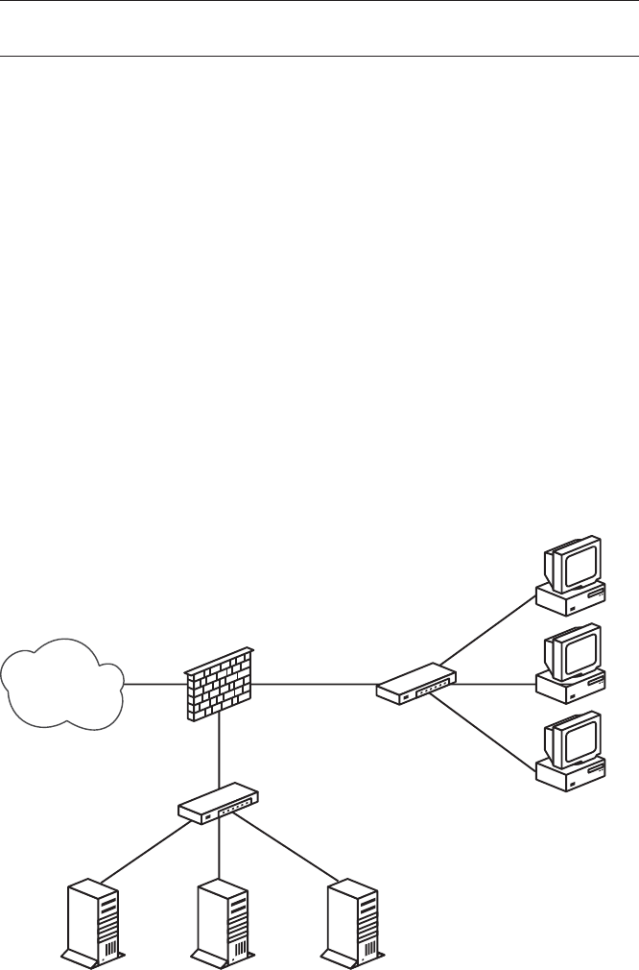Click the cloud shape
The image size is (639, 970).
tap(63, 684)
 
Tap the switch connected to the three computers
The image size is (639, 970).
tap(416, 683)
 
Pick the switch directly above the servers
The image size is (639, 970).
tap(220, 805)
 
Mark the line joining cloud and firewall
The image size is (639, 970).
tap(154, 685)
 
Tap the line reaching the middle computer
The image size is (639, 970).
tap(494, 685)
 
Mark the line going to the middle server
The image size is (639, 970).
tap(221, 850)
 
